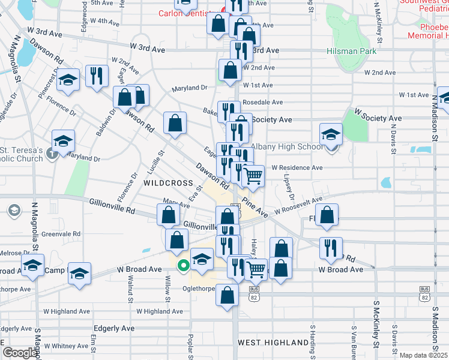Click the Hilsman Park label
point(352,51)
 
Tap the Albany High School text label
point(286,147)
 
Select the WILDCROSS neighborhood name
point(168,182)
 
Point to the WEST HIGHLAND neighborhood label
point(273,343)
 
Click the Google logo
point(19,353)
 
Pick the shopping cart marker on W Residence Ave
point(253,176)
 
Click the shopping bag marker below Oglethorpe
point(227,295)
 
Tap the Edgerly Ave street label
point(114,329)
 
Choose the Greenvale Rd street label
point(61,234)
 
